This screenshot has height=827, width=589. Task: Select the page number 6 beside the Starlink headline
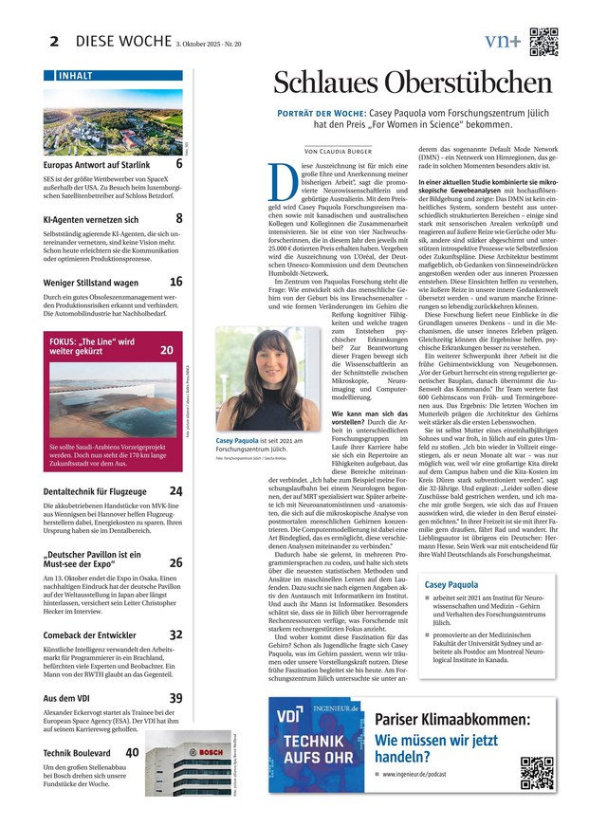(x=179, y=165)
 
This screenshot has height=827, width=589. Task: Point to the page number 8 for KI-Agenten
(x=179, y=218)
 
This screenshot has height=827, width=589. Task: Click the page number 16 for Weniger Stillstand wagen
(x=176, y=282)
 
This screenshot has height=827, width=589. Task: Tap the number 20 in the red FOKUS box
(x=167, y=350)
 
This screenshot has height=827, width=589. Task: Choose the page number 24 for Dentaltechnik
(x=175, y=491)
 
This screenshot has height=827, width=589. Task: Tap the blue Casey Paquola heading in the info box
(x=451, y=585)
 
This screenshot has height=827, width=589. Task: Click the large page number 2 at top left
(x=54, y=42)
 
